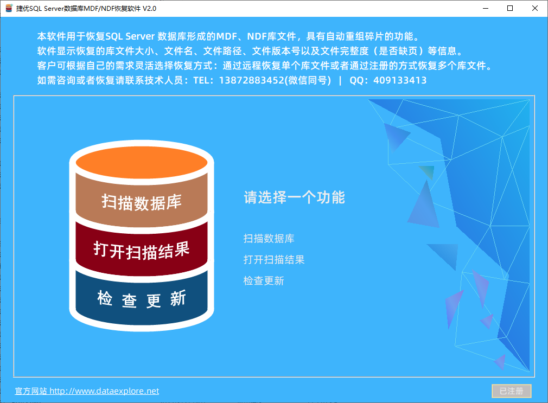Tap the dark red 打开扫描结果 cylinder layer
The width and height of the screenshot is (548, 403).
[x=142, y=250]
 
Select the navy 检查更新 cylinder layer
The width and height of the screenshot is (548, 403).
[x=142, y=299]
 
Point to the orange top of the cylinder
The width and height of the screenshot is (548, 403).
[x=142, y=162]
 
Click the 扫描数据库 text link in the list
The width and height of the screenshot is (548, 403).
[x=269, y=238]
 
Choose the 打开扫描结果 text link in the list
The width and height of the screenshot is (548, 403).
[x=274, y=259]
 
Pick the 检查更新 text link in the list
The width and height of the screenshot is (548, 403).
[x=264, y=280]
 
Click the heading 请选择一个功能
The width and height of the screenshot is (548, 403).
[x=294, y=197]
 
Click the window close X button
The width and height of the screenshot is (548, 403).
[x=535, y=8]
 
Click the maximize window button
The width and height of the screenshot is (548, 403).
[x=510, y=8]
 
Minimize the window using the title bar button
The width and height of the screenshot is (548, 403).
[x=486, y=8]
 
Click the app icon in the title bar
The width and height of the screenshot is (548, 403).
[x=9, y=8]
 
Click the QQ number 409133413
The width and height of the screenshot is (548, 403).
[x=400, y=80]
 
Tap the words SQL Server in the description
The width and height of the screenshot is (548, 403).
[x=130, y=36]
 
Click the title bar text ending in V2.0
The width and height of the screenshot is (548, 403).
[x=86, y=8]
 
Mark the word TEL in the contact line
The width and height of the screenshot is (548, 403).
[x=201, y=80]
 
